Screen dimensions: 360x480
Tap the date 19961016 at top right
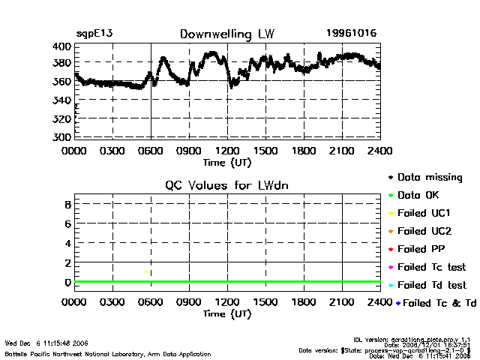pyautogui.click(x=352, y=34)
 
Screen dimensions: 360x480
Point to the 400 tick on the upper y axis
pyautogui.click(x=62, y=46)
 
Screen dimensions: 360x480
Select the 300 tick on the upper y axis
pyautogui.click(x=62, y=137)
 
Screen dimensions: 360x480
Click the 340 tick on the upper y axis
pyautogui.click(x=62, y=100)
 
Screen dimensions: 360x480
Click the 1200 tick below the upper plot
pyautogui.click(x=227, y=151)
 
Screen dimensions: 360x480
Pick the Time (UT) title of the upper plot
pyautogui.click(x=227, y=161)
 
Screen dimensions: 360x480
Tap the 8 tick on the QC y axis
pyautogui.click(x=67, y=204)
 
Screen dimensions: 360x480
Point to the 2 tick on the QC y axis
pyautogui.click(x=67, y=262)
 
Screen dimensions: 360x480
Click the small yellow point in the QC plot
pyautogui.click(x=145, y=271)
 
